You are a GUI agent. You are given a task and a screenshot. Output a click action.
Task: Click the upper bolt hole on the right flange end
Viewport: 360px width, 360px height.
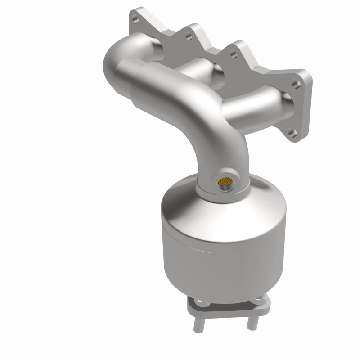point(294,84)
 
